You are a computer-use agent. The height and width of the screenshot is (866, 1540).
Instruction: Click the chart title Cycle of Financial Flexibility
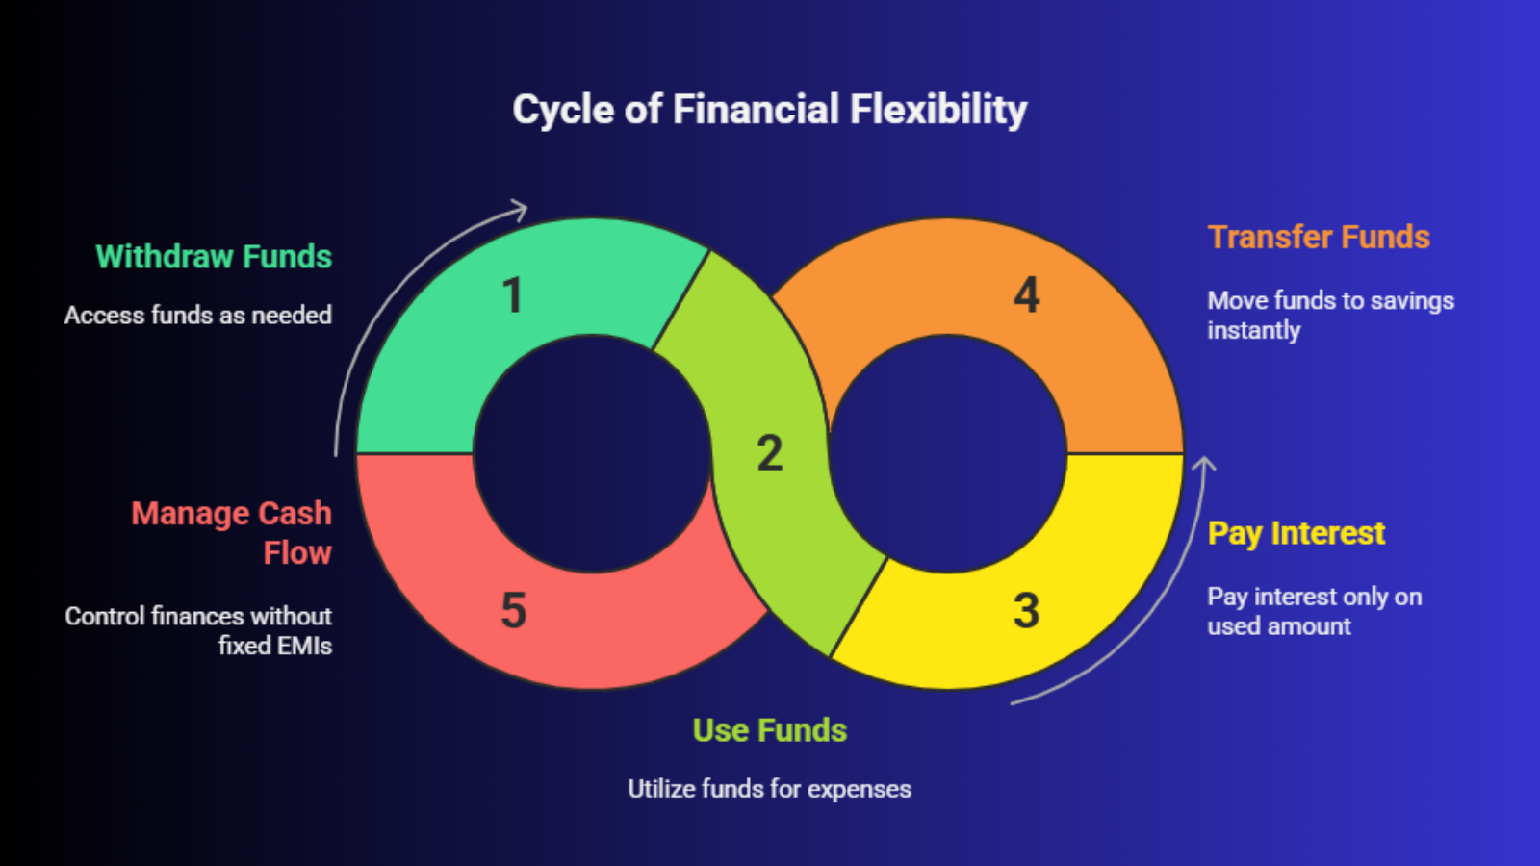[x=769, y=110]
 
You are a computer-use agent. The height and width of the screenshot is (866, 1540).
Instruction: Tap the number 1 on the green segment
[x=512, y=295]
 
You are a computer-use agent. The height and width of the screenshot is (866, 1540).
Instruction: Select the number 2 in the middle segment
[x=769, y=453]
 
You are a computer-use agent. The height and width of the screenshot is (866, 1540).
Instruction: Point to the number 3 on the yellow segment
[x=1026, y=610]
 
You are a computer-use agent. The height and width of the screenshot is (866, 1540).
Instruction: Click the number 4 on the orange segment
[x=1026, y=295]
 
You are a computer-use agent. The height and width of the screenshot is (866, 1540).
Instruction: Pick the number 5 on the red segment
[x=513, y=610]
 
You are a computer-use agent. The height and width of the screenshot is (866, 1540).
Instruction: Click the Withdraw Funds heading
[x=214, y=257]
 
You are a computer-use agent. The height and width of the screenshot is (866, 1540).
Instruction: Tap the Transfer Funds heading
[x=1319, y=237]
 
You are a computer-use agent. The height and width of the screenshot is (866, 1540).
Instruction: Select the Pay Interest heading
[x=1296, y=533]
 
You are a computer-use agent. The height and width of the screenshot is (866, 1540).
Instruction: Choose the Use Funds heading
[x=769, y=730]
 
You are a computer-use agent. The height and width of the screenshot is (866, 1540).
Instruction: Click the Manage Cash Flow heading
[x=232, y=533]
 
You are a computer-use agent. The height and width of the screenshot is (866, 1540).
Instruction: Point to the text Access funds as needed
[x=198, y=315]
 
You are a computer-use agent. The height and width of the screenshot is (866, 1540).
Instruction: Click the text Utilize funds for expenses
[x=769, y=789]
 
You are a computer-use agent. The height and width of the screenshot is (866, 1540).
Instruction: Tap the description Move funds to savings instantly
[x=1330, y=315]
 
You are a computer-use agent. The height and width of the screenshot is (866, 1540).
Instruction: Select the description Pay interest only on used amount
[x=1314, y=611]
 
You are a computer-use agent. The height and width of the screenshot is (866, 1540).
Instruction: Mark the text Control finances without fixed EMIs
[x=199, y=630]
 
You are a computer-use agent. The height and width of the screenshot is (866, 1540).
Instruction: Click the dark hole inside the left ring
[x=591, y=453]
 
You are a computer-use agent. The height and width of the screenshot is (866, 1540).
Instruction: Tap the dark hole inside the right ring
[x=948, y=453]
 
